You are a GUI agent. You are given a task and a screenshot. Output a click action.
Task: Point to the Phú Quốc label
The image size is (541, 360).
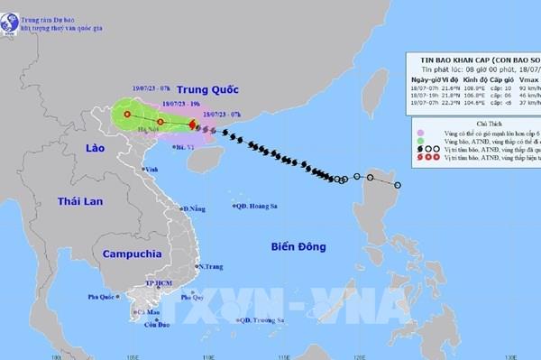tap(102, 297)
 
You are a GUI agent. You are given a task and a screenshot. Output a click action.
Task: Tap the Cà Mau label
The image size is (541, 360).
tap(142, 313)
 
